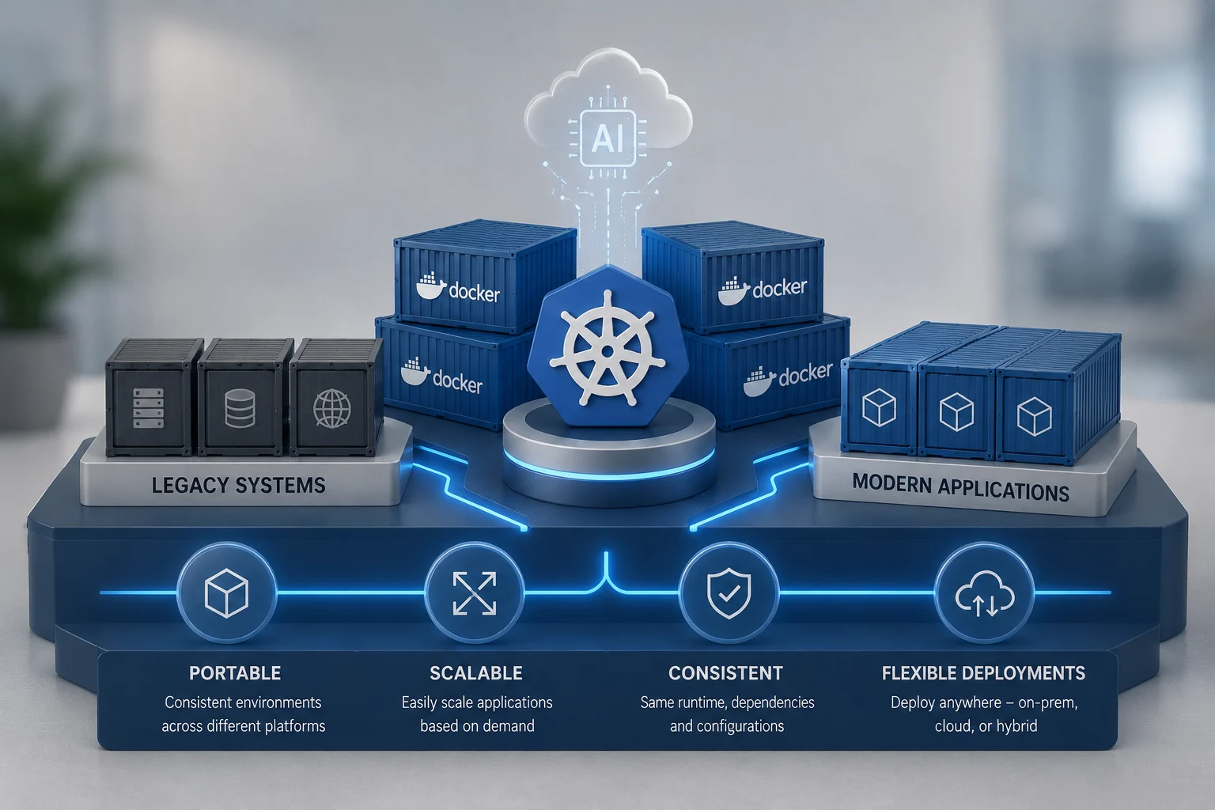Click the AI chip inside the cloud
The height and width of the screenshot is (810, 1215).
(607, 138)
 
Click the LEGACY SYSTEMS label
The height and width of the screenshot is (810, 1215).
(239, 485)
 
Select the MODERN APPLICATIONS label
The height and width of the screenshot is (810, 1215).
(960, 487)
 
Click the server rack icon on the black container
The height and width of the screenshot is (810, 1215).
(148, 408)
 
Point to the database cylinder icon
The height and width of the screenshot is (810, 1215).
(240, 408)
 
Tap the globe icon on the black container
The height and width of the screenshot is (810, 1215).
(332, 408)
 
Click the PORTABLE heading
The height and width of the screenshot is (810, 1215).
(235, 673)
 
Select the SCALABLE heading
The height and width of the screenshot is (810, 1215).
(476, 673)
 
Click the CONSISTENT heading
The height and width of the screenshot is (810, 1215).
(725, 673)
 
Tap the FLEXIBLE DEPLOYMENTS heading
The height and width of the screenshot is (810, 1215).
(983, 673)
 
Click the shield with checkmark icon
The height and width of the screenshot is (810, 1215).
(729, 593)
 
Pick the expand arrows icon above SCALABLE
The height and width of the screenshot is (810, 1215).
(475, 593)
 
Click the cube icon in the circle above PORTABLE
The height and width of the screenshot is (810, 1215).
(227, 593)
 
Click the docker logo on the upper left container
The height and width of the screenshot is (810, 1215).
(458, 288)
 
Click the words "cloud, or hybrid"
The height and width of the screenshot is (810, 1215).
(986, 726)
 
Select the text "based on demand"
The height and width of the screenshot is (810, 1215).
(477, 726)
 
